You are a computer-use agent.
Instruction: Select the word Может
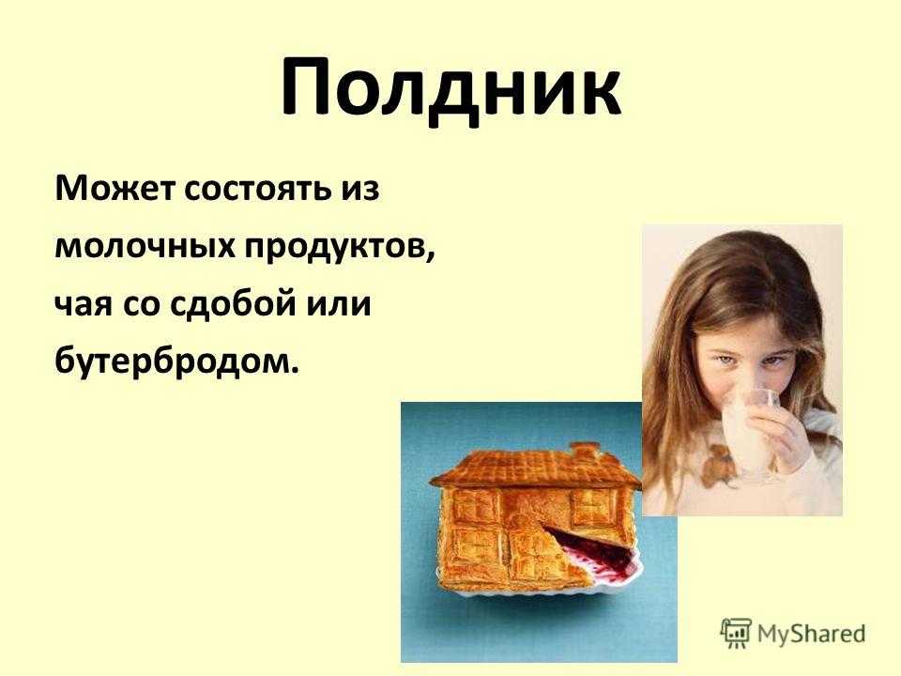[114, 188]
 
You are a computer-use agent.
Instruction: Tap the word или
[338, 305]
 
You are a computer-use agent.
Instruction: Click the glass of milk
[749, 431]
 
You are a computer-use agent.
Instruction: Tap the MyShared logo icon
[736, 634]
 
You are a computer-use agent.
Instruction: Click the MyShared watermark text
[811, 634]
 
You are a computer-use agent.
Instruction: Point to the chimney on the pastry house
[583, 451]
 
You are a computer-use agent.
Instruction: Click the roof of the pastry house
[536, 469]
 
